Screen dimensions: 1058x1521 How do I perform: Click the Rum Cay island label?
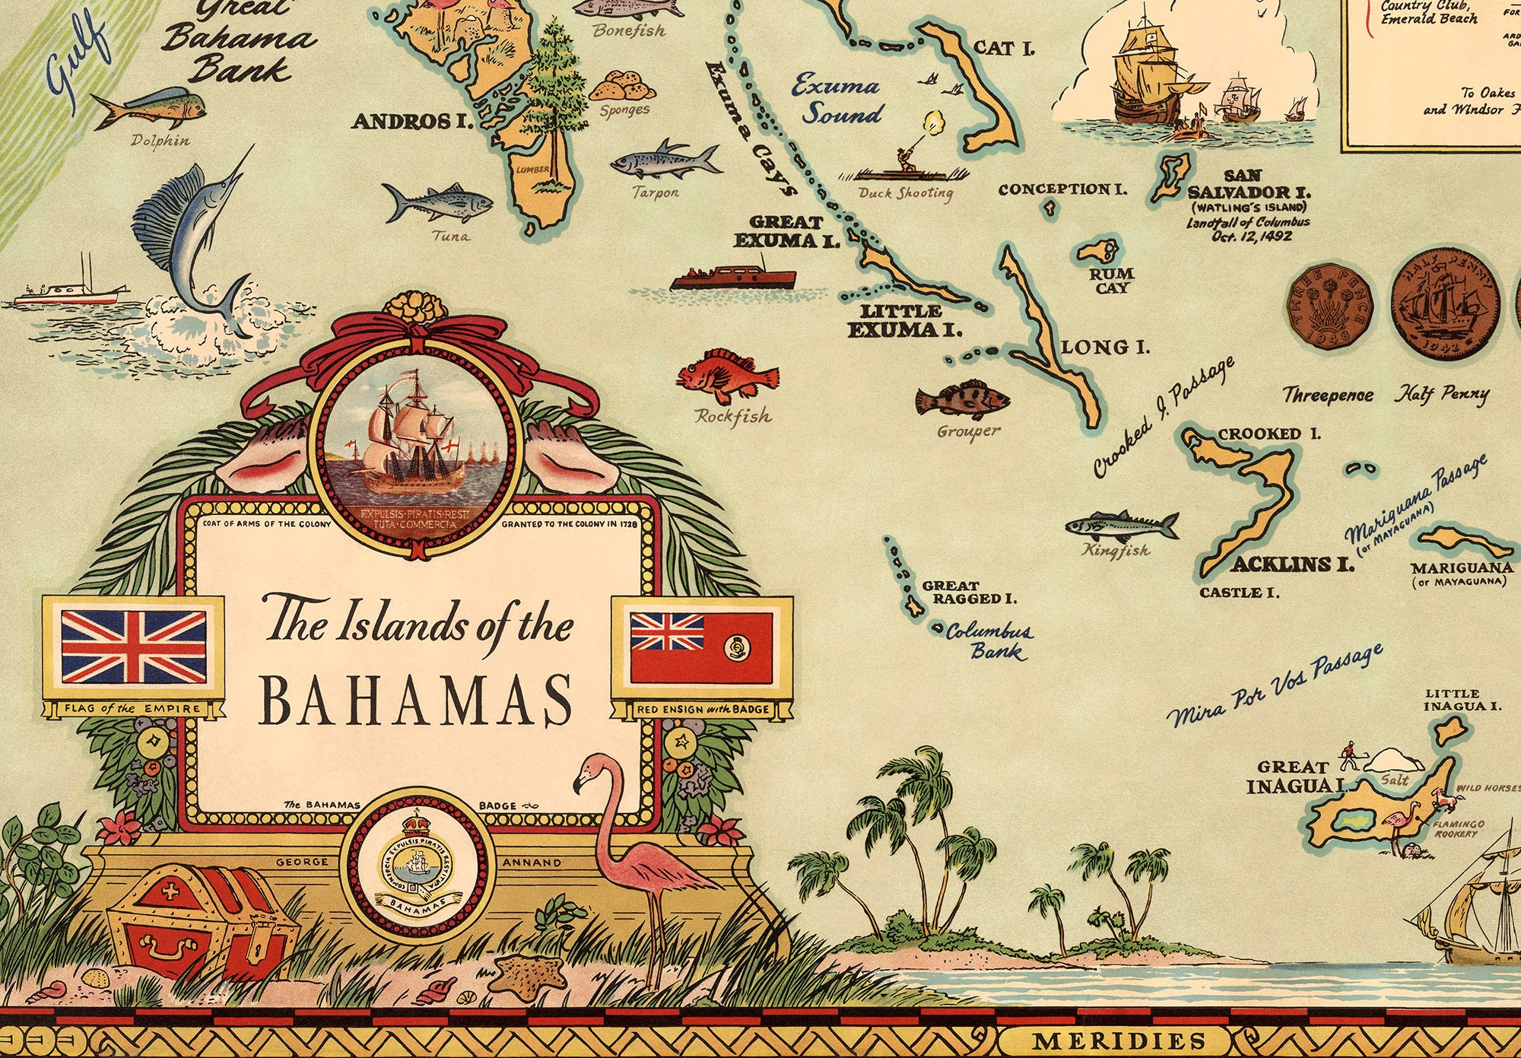(1111, 280)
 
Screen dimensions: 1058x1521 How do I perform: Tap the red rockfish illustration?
(726, 375)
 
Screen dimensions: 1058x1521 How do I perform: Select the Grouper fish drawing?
(962, 399)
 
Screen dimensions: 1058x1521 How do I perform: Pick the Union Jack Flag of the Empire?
(133, 647)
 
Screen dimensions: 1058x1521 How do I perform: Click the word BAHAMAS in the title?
(416, 699)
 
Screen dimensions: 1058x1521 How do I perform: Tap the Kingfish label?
(1116, 550)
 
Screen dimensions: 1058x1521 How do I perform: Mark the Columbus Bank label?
(989, 640)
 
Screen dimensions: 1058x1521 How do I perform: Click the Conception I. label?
(1062, 189)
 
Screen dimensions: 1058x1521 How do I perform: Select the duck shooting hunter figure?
(905, 160)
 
